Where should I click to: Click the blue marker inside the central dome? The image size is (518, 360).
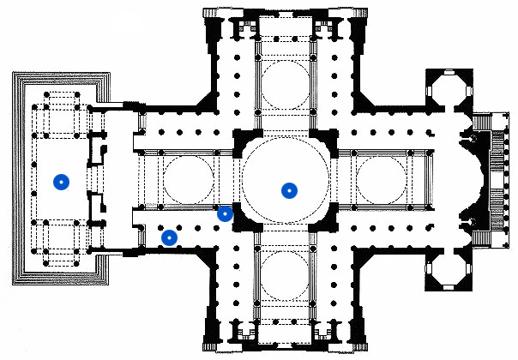click(x=290, y=190)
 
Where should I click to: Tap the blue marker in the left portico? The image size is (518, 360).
click(x=60, y=182)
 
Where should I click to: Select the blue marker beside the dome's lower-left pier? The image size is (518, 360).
click(x=225, y=213)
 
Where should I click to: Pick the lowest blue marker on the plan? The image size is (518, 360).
click(x=170, y=237)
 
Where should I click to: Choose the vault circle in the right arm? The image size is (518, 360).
click(x=382, y=180)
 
